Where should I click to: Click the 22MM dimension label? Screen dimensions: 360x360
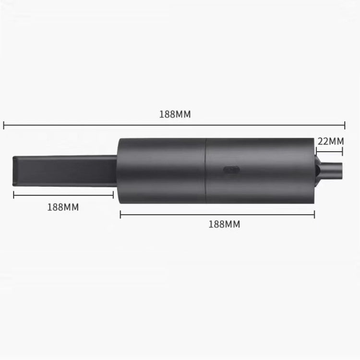pos(331,141)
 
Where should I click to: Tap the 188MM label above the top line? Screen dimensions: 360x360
pos(175,114)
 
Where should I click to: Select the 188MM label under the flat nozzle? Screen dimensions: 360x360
pos(63,207)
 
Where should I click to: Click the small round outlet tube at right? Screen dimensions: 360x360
pos(334,170)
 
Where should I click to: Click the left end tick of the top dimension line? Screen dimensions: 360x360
pos(4,126)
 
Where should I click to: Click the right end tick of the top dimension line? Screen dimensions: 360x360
pos(345,126)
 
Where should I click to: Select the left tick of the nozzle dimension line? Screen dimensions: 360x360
pos(14,194)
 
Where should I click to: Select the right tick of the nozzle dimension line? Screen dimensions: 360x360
pos(113,194)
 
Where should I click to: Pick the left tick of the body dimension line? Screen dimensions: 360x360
pos(120,214)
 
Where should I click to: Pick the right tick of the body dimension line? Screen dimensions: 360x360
pos(314,214)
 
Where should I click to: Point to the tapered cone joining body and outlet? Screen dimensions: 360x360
pos(319,170)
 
